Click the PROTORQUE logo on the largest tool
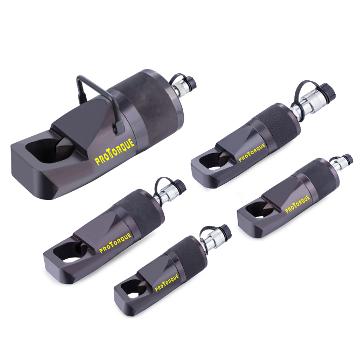pyautogui.click(x=114, y=150)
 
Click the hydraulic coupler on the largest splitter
pyautogui.click(x=182, y=84)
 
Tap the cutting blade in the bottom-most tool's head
pyautogui.click(x=134, y=285)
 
